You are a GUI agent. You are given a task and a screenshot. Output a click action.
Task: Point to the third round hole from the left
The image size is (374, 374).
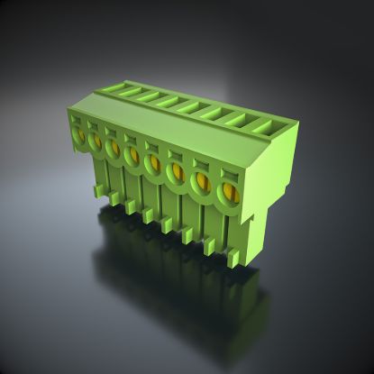pos(113,146)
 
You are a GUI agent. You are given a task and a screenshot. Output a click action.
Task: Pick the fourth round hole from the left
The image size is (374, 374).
pos(132,153)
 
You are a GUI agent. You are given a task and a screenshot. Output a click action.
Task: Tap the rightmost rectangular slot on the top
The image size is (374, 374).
pos(270,124)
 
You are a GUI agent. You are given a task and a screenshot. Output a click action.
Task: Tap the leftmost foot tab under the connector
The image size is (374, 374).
pos(96,190)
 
